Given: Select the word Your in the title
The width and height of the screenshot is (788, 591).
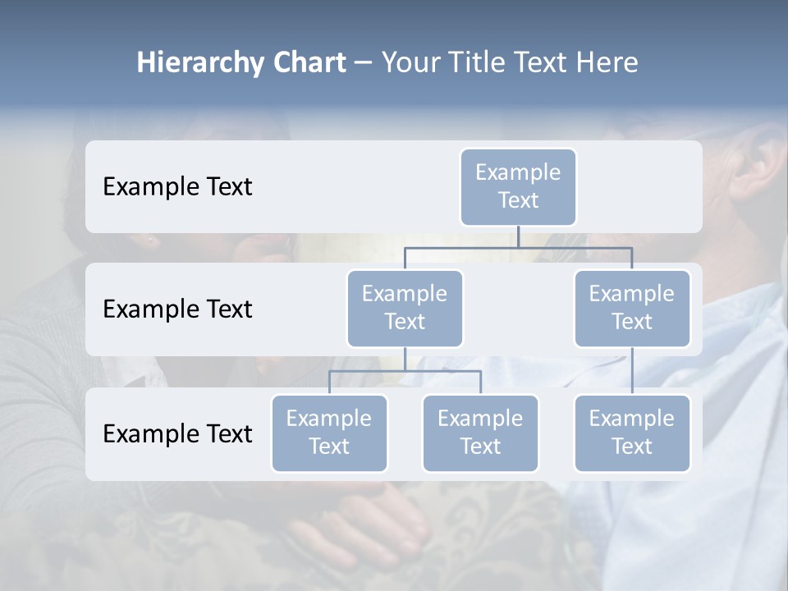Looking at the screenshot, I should point(411,62).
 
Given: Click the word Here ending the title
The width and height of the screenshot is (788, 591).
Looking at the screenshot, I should point(607,62).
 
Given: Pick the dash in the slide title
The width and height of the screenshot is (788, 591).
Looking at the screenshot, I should point(363,63).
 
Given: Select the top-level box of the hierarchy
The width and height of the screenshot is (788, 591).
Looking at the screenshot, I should point(518,186).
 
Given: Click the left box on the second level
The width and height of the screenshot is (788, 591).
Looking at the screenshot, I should point(405,308).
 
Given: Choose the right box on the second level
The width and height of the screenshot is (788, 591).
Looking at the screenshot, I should point(632,308).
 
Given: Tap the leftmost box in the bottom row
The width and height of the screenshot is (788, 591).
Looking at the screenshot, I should point(329,433).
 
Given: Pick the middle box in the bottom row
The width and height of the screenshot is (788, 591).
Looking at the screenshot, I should point(480,433).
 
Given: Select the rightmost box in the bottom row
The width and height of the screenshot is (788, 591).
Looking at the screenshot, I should point(632,433).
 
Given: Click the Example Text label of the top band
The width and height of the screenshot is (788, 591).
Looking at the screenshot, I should point(177,186).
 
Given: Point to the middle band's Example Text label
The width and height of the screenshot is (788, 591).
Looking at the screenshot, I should point(177,309).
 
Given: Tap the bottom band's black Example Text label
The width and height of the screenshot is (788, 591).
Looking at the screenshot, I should point(177,433).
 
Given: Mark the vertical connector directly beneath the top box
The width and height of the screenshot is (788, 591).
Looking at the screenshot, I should point(518,236).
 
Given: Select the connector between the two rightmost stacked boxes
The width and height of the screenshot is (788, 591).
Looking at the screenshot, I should point(632,370).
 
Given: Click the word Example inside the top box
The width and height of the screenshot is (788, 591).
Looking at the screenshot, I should point(518,172).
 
